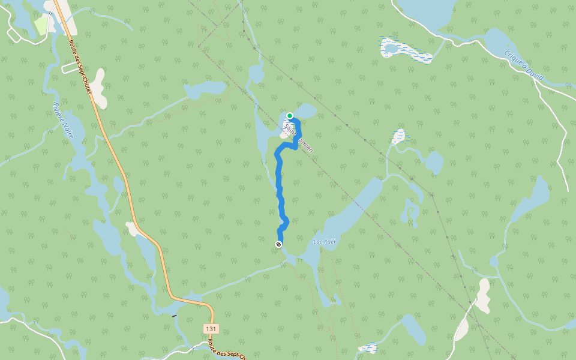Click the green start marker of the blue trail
[x=290, y=115]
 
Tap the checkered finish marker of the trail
[x=278, y=244]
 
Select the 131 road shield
[x=211, y=329]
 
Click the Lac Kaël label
[x=324, y=241]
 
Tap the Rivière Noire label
[x=63, y=121]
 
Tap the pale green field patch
[x=41, y=24]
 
